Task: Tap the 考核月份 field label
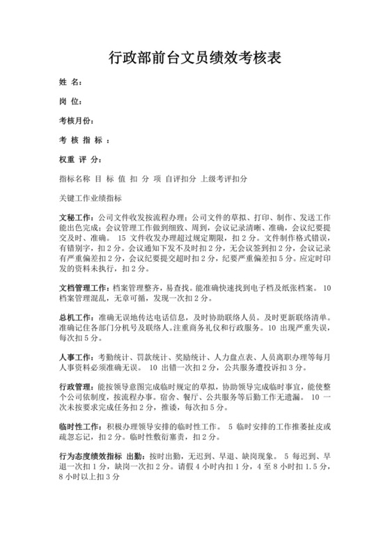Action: click(76, 121)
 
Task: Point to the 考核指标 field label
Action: click(83, 140)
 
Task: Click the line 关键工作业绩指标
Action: click(91, 198)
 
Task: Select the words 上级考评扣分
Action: click(224, 179)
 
